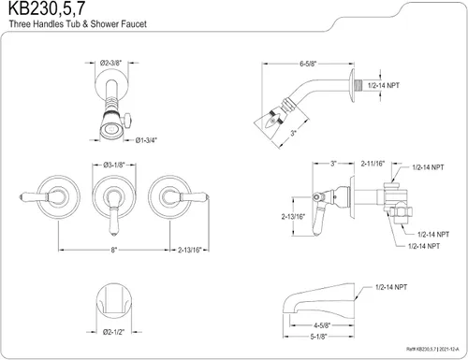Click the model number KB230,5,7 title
(x=46, y=8)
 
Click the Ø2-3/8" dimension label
(x=110, y=63)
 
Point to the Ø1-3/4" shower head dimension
(x=146, y=140)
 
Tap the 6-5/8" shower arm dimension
(x=308, y=64)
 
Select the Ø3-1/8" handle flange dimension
(x=114, y=165)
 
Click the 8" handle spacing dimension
(x=114, y=250)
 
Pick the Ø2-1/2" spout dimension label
(x=114, y=332)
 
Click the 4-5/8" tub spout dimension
(x=322, y=325)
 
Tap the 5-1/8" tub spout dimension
(x=318, y=337)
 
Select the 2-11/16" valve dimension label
(x=373, y=164)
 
